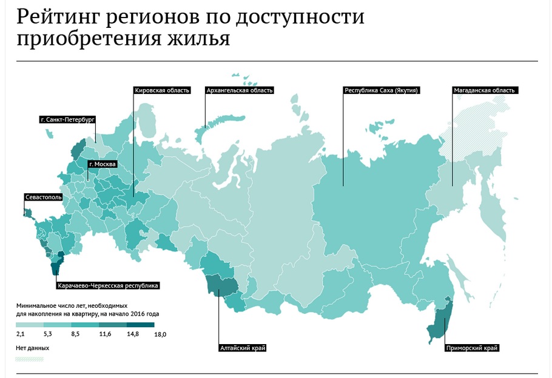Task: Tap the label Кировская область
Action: (x=162, y=90)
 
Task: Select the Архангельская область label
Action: (x=240, y=90)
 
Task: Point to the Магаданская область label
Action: (x=484, y=90)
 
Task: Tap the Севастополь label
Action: (x=43, y=197)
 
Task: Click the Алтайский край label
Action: (x=242, y=348)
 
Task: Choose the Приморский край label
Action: (x=471, y=348)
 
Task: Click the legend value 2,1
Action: (x=20, y=334)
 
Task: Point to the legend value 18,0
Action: (x=160, y=334)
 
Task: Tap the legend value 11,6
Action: (x=104, y=334)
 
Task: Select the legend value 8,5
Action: (x=76, y=334)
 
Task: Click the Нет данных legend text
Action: (x=32, y=348)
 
